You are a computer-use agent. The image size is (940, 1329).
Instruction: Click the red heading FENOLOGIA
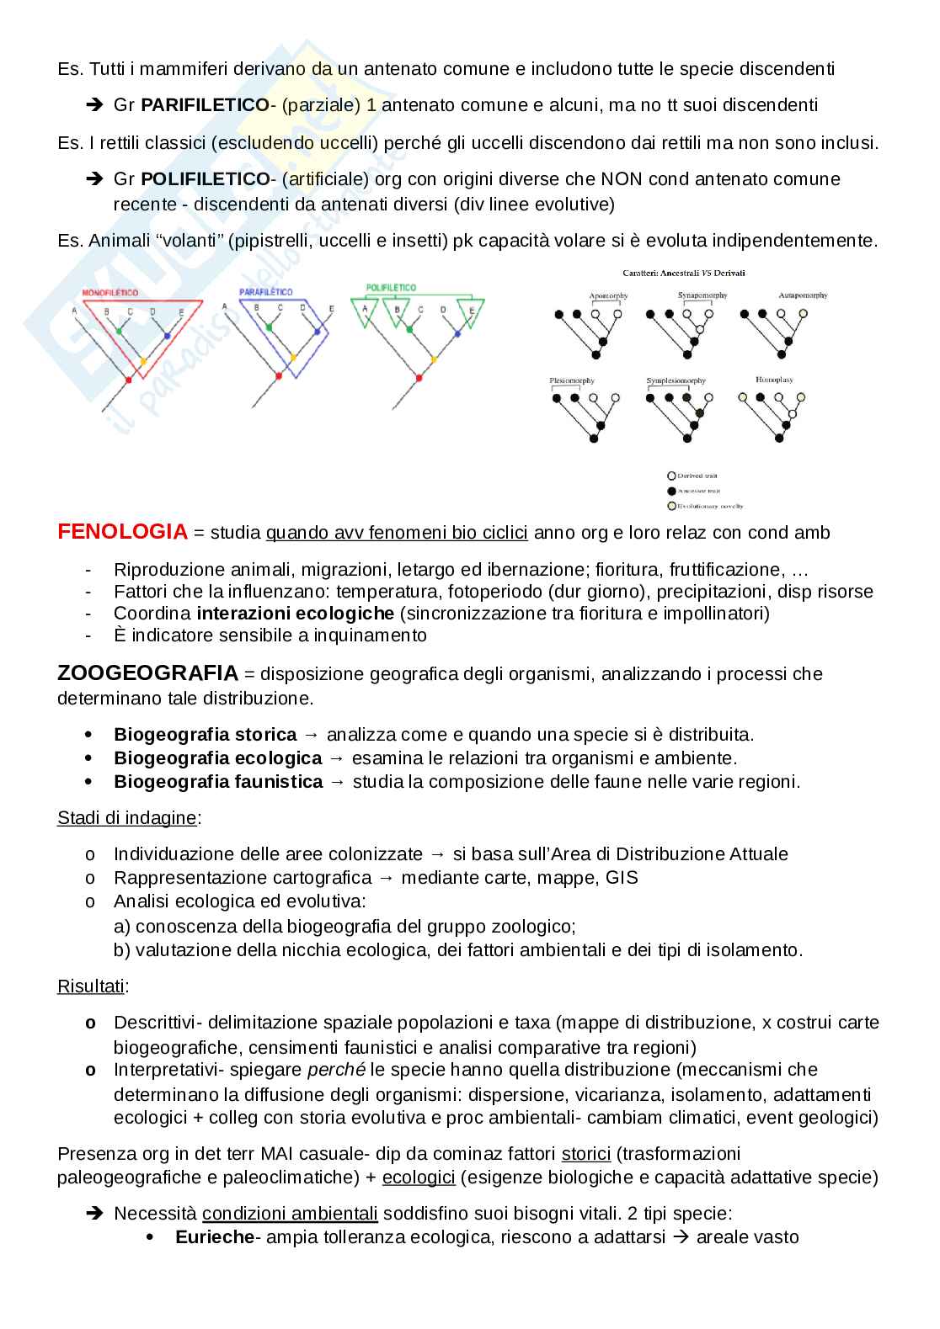122,532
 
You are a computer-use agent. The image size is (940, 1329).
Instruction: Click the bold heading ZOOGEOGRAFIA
147,673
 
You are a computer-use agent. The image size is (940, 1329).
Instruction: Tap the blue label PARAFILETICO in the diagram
265,292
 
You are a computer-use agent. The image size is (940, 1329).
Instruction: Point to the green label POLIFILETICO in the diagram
391,288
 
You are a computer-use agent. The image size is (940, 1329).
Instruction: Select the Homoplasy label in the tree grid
774,380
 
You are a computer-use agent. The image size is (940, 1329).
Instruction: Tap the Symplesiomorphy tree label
676,381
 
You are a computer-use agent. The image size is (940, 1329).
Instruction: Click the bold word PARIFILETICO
205,105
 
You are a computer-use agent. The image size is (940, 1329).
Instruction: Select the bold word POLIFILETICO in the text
205,179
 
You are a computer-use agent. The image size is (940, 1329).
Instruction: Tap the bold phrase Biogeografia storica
205,735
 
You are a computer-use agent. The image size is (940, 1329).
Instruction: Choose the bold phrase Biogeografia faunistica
218,782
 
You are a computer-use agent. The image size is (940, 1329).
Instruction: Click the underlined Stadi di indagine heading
127,817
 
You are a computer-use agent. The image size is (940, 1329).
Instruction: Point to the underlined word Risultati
91,986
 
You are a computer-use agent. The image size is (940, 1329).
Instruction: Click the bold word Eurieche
214,1237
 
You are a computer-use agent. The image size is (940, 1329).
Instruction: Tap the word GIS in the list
622,878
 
